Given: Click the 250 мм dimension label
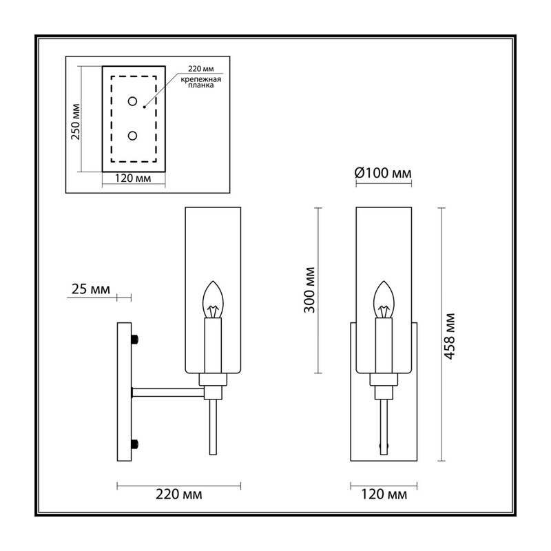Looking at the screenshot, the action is point(76,122).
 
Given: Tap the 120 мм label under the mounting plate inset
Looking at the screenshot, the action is point(133,178).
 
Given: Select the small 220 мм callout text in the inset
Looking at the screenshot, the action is point(200,69).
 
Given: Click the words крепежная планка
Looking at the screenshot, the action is point(201,82).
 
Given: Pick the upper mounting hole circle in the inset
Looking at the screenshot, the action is point(132,101).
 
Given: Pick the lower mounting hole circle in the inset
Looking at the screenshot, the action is point(132,136).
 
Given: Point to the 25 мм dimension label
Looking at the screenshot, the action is point(91,289).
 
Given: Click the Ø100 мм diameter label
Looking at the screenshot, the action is point(383,173).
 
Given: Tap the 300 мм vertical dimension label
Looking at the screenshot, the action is point(310,290).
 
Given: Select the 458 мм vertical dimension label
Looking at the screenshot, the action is point(450,336).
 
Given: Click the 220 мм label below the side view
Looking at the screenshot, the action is point(179,495).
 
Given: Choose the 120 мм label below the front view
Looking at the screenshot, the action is point(384,495).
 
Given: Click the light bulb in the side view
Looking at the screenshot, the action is point(213,300).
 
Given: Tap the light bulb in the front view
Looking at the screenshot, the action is point(384,300).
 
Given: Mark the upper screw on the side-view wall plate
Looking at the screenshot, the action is point(135,340).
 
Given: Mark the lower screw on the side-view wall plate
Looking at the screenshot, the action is point(135,444).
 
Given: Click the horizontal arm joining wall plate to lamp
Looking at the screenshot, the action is point(168,393).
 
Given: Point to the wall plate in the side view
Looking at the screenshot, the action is point(124,392).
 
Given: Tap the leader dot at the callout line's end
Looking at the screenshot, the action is point(145,107).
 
